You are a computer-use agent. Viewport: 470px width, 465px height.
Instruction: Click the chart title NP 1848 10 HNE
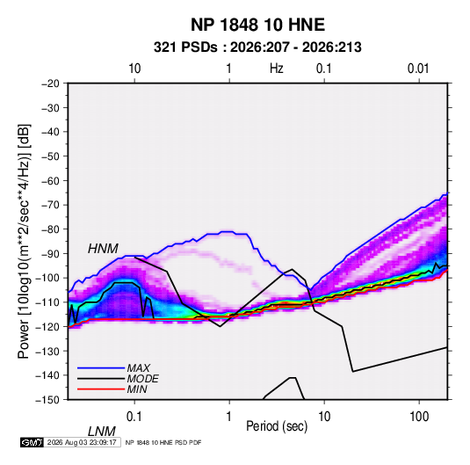click(x=257, y=25)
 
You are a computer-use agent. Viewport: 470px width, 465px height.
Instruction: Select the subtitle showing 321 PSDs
click(x=257, y=47)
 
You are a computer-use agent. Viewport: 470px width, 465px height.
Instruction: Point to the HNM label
click(x=103, y=249)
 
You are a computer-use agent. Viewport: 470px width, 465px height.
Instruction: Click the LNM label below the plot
click(x=102, y=432)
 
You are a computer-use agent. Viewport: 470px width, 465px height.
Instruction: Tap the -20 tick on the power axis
click(x=50, y=84)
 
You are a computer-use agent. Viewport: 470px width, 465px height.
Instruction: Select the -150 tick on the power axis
click(x=47, y=400)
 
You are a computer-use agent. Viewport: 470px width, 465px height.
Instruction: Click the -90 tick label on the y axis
click(x=50, y=253)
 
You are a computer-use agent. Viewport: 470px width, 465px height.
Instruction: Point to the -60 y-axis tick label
click(x=50, y=180)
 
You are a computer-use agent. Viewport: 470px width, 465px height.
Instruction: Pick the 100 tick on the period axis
click(x=419, y=416)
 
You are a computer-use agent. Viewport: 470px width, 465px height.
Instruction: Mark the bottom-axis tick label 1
click(x=229, y=416)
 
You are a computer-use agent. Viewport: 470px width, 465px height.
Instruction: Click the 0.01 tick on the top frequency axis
click(x=418, y=69)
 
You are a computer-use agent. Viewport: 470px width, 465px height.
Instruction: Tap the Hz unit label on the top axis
click(x=277, y=69)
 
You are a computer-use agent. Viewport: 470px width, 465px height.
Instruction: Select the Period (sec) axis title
click(x=277, y=426)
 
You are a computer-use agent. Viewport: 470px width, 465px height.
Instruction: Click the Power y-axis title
click(x=24, y=241)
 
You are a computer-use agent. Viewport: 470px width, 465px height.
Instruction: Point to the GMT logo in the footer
click(x=32, y=442)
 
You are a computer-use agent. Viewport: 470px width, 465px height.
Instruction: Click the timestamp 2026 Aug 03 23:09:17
click(x=82, y=442)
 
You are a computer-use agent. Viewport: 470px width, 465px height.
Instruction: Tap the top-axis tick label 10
click(x=134, y=69)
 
